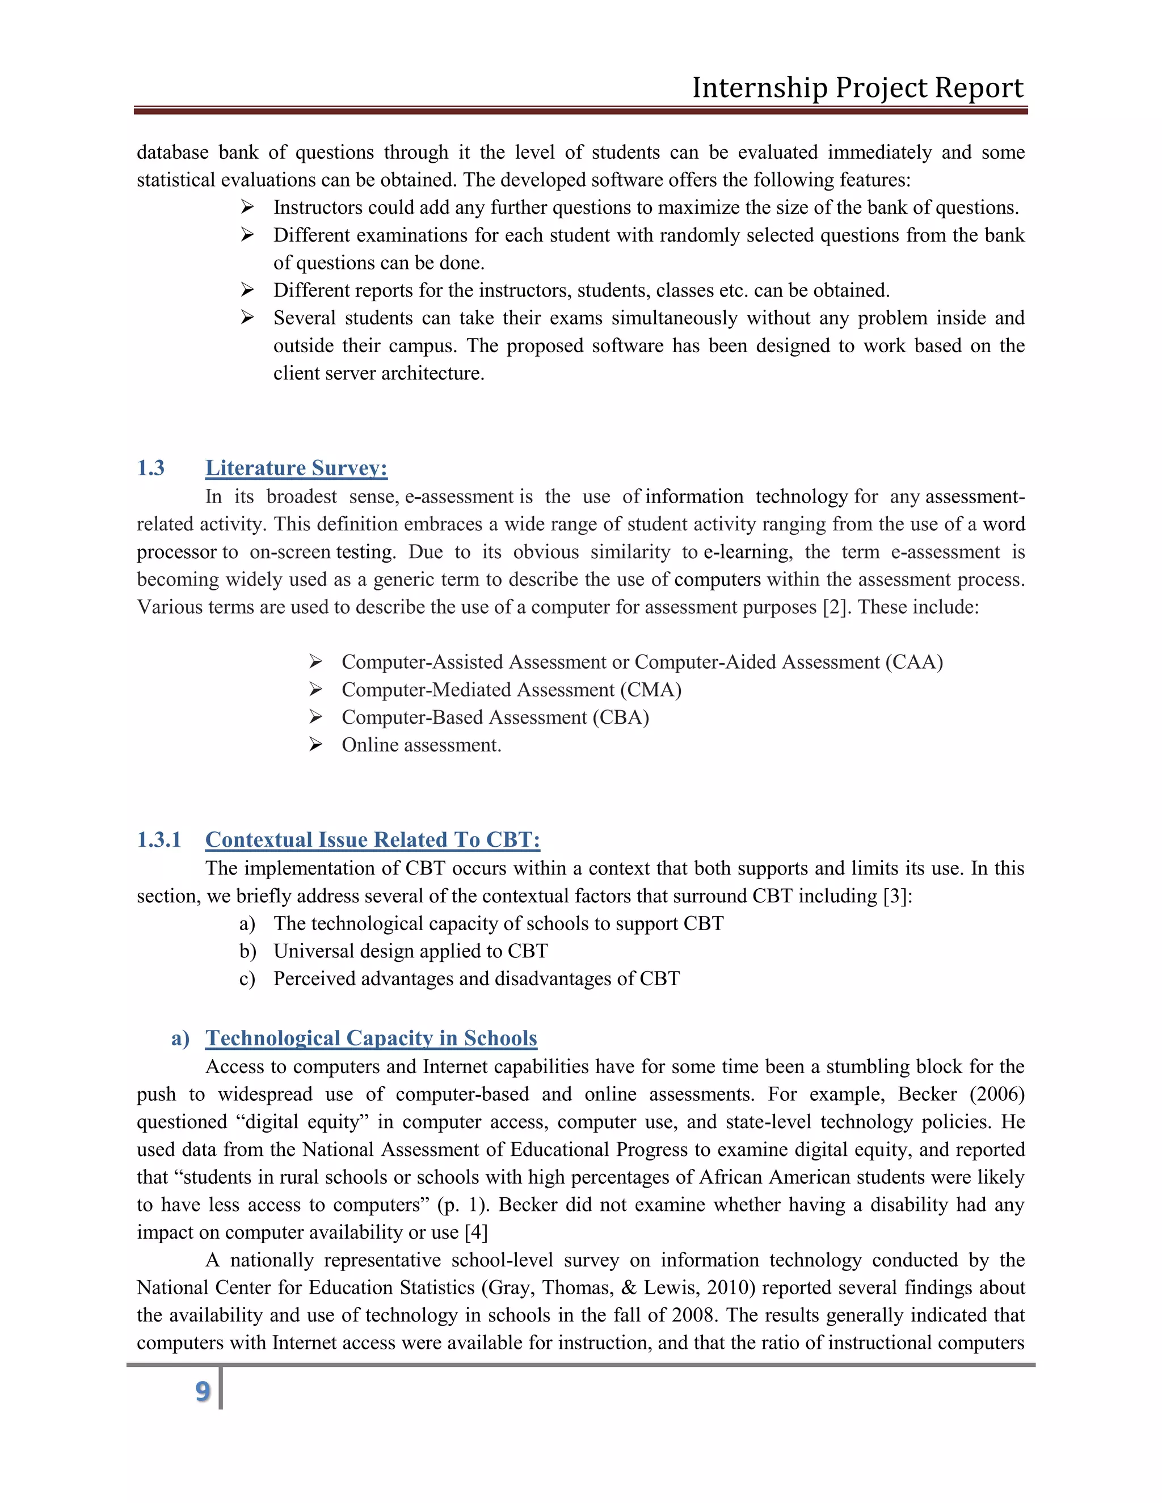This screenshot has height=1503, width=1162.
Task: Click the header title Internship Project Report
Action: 857,88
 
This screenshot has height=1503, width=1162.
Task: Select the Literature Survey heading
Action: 296,468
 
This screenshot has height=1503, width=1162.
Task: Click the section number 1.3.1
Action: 158,839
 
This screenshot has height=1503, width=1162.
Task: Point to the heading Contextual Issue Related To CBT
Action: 372,839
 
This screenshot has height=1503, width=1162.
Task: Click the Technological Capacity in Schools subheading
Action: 371,1038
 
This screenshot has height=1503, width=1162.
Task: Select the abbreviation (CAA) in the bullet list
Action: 914,662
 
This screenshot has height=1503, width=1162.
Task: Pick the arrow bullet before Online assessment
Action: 315,744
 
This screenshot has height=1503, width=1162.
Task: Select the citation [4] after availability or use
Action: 477,1232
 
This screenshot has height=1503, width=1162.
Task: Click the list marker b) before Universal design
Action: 248,951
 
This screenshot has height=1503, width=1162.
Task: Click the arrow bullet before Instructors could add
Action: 247,206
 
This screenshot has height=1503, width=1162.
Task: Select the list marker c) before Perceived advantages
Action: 247,978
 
